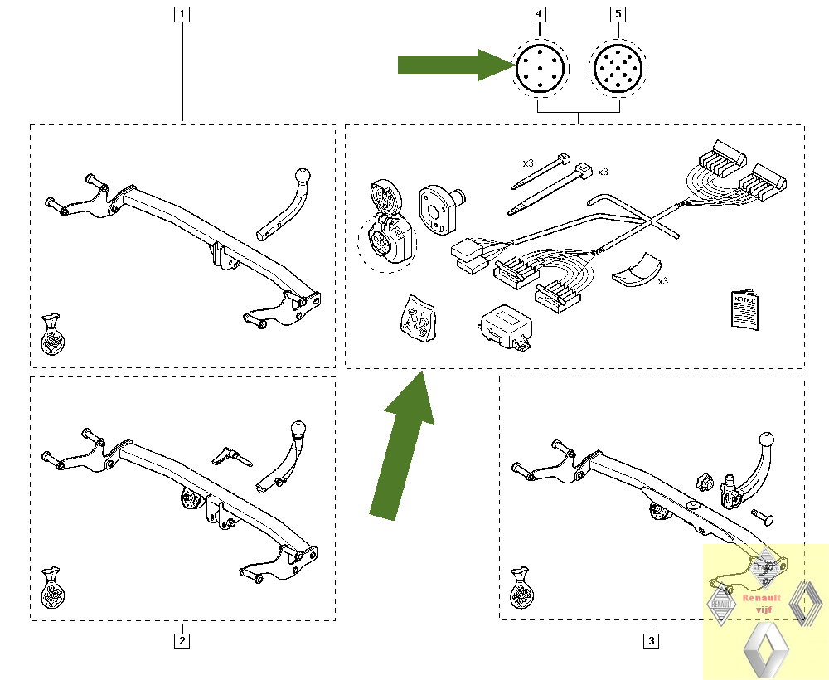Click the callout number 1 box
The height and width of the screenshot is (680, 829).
[x=182, y=13]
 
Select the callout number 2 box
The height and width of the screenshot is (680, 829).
[x=182, y=640]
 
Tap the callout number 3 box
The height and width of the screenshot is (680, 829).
[x=652, y=640]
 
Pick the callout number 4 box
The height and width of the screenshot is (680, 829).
[x=540, y=13]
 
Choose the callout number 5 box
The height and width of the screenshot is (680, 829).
[x=618, y=13]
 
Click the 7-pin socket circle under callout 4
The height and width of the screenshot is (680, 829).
[x=540, y=67]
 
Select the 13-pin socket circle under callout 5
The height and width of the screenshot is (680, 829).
[x=618, y=67]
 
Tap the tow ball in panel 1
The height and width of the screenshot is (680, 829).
[x=303, y=177]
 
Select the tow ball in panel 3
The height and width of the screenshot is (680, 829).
[x=768, y=440]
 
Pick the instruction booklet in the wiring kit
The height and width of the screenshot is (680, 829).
[x=744, y=309]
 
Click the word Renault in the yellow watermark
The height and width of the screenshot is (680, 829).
[x=761, y=597]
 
